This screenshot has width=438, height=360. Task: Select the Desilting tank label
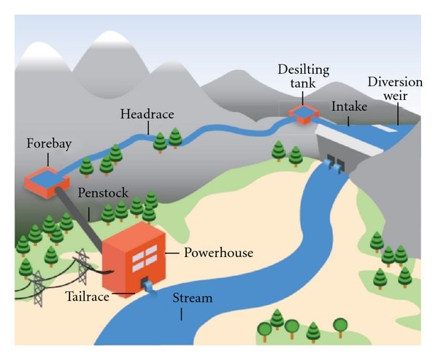[x=296, y=76]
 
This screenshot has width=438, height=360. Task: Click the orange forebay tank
[x=45, y=178]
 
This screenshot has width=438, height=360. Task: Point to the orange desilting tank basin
[x=299, y=113]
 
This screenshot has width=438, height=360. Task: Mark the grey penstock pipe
[x=80, y=216]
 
